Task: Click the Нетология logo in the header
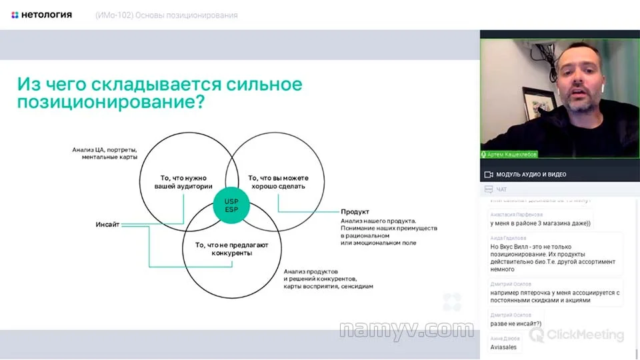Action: point(42,15)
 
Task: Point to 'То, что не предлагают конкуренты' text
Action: point(231,249)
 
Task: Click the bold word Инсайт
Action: point(107,225)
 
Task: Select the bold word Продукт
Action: point(355,211)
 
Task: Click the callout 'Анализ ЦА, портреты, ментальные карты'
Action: point(105,153)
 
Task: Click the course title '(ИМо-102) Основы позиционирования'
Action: point(166,15)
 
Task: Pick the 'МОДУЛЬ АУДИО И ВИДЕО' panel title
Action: point(531,175)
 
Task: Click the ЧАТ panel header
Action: point(501,190)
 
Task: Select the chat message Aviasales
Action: point(503,347)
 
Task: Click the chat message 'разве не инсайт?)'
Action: point(516,324)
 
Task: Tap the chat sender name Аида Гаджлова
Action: point(508,238)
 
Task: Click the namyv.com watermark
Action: point(406,330)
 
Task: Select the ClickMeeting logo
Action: point(576,335)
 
